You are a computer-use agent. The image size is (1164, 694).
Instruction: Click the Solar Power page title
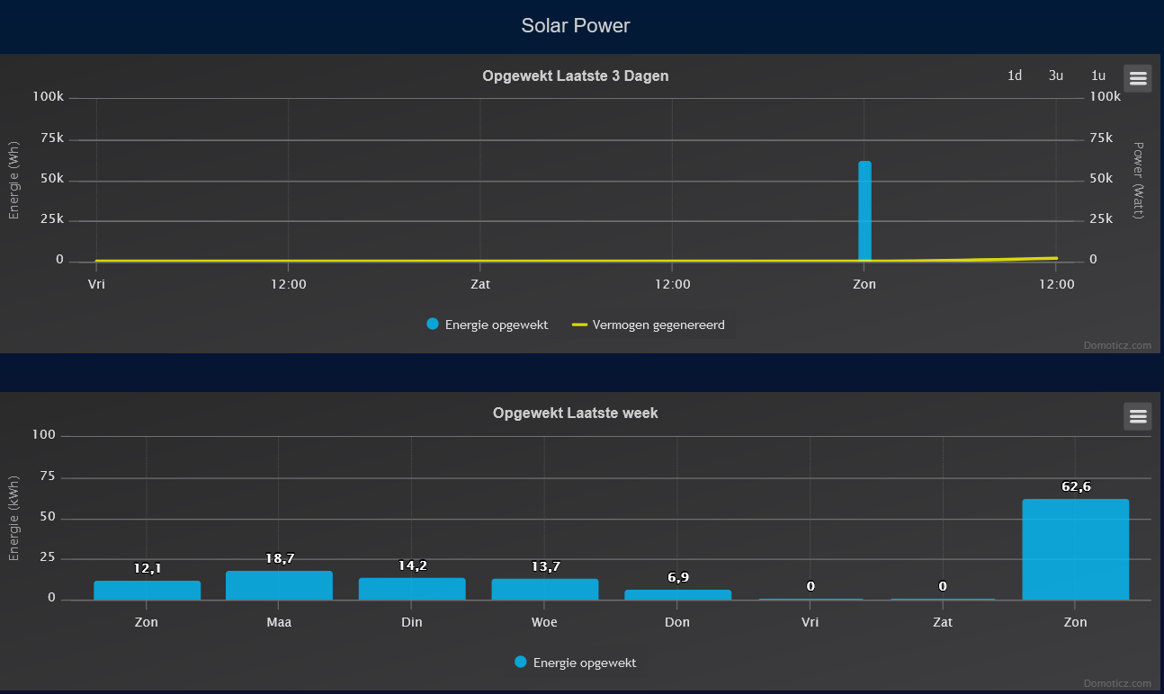tap(576, 26)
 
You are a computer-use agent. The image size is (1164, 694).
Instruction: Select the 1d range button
tap(1015, 76)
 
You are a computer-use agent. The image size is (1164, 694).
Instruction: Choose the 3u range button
tap(1056, 76)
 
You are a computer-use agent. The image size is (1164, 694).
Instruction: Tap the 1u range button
tap(1098, 76)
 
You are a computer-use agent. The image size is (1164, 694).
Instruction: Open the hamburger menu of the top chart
tap(1137, 78)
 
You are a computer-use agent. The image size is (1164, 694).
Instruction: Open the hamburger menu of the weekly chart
tap(1137, 416)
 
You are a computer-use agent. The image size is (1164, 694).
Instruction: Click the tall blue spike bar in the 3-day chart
tap(864, 211)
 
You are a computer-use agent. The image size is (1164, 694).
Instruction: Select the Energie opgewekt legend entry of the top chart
tap(488, 325)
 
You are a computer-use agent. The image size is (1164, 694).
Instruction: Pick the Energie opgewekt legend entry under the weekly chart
tap(576, 663)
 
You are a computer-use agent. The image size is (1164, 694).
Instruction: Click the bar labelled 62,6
tap(1075, 549)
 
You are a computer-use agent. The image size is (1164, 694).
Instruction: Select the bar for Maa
tap(279, 585)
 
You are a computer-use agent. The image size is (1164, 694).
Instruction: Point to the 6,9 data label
tap(677, 577)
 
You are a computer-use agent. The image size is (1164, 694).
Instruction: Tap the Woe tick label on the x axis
tap(544, 622)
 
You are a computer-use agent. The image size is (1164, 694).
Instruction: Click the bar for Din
tap(412, 589)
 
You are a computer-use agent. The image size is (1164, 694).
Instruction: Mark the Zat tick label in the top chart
tap(480, 284)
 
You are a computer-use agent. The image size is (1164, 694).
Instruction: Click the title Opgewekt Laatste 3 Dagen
tap(576, 76)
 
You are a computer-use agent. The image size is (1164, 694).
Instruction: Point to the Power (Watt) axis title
tap(1138, 180)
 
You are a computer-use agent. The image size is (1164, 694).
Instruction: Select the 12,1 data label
tap(147, 568)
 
